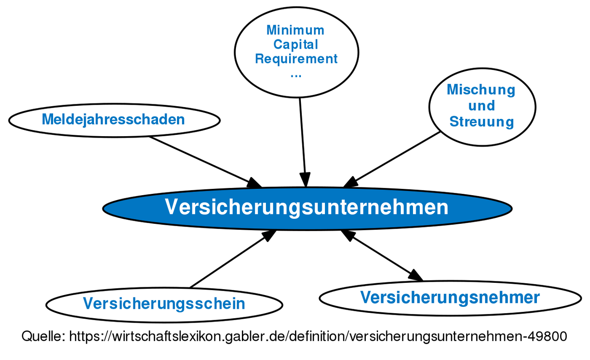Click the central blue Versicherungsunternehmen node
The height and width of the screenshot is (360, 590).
(307, 208)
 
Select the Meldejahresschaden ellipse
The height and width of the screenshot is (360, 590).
(113, 120)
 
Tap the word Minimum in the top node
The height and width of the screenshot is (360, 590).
(295, 30)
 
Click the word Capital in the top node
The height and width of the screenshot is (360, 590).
(296, 44)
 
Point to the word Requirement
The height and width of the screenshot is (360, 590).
(296, 59)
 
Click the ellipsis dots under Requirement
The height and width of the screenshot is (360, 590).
(296, 74)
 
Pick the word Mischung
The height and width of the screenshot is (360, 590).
(481, 90)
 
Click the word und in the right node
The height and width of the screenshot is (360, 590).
(481, 106)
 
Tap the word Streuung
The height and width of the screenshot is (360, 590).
(481, 122)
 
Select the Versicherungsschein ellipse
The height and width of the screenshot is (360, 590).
(164, 304)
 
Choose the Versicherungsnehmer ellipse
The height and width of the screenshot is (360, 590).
(450, 298)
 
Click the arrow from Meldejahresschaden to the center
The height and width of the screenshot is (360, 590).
(204, 161)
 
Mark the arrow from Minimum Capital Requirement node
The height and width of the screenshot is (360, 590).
(302, 141)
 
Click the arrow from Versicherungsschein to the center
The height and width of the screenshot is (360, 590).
(231, 259)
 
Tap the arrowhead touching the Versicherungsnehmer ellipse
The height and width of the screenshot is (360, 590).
(416, 276)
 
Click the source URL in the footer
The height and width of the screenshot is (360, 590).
(318, 336)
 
